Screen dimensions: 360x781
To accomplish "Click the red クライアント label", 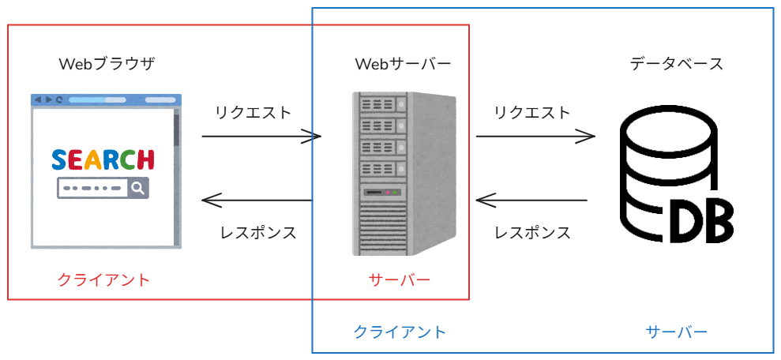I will (103, 279).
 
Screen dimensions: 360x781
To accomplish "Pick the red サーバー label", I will (400, 279).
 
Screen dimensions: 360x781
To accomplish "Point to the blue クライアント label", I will (400, 332).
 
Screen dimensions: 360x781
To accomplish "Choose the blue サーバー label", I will (677, 332).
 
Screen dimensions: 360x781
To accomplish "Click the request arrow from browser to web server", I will (261, 137).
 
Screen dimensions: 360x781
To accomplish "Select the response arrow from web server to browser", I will (257, 201).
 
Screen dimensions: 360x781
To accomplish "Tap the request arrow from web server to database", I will (535, 137).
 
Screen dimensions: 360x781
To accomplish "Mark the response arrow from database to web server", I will (531, 201).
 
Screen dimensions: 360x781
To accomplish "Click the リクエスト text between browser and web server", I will (253, 112).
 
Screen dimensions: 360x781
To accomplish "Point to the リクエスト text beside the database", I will (531, 112).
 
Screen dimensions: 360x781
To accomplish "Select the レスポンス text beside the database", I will (532, 233).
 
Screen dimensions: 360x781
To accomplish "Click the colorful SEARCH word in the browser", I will (103, 160).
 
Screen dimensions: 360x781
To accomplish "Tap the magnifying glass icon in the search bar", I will (138, 189).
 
